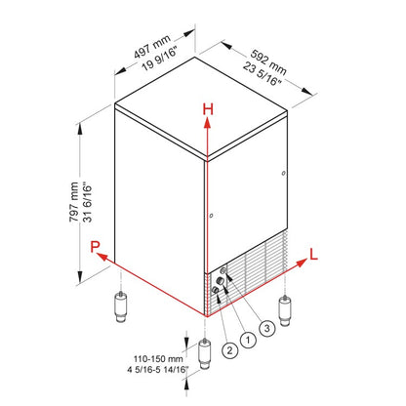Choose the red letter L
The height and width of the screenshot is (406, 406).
pyautogui.click(x=311, y=254)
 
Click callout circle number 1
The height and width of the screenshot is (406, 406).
pyautogui.click(x=249, y=340)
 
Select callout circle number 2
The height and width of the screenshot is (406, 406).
pyautogui.click(x=227, y=346)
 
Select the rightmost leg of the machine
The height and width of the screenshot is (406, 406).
pyautogui.click(x=286, y=311)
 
